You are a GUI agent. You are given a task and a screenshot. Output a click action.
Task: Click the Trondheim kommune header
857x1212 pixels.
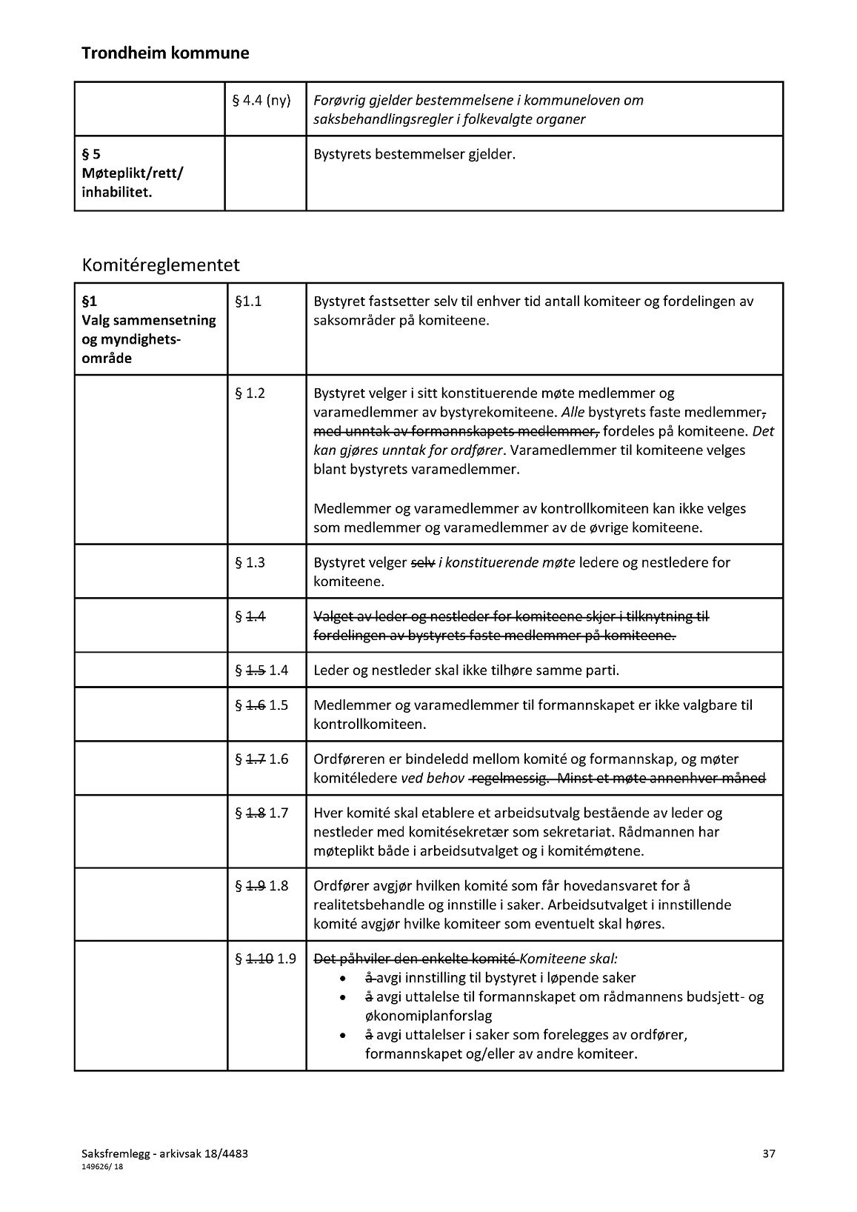(x=165, y=53)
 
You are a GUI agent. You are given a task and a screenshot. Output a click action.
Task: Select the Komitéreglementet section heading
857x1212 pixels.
(x=161, y=264)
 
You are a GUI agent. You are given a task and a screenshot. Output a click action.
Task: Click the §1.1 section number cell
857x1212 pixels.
(x=248, y=302)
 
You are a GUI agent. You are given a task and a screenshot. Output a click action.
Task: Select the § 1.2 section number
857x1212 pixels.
(x=250, y=393)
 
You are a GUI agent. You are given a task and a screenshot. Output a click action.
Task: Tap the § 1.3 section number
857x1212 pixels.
(x=250, y=562)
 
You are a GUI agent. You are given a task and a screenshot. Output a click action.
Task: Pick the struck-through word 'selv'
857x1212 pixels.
(x=422, y=562)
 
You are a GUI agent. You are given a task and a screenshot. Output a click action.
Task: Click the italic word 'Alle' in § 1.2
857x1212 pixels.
(x=573, y=412)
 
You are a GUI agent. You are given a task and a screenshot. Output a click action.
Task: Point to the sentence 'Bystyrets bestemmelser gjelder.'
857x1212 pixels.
(x=414, y=155)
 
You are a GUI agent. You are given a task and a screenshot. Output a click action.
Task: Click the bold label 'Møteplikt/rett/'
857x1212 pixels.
(x=133, y=173)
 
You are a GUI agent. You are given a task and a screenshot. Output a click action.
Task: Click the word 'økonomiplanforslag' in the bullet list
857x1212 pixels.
(x=428, y=1016)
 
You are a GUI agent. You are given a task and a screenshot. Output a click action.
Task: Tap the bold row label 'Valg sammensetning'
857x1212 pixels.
(x=149, y=321)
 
